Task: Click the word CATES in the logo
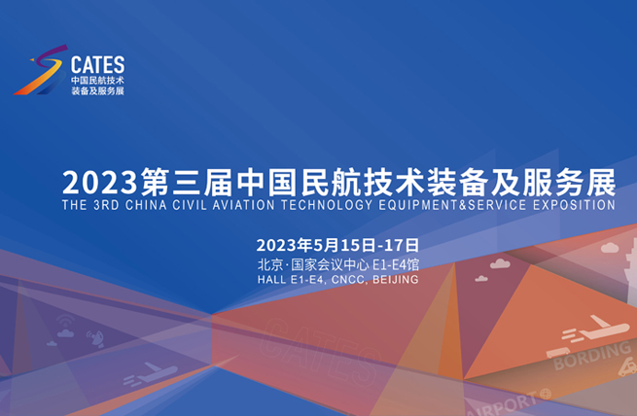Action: point(98,64)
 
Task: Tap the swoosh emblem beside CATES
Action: point(41,70)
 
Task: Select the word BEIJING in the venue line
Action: point(395,279)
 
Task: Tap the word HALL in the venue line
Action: point(271,279)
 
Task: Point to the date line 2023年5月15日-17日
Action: point(337,243)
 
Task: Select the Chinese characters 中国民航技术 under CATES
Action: point(98,79)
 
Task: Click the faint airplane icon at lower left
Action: point(151,372)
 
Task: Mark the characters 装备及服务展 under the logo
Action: point(98,90)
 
